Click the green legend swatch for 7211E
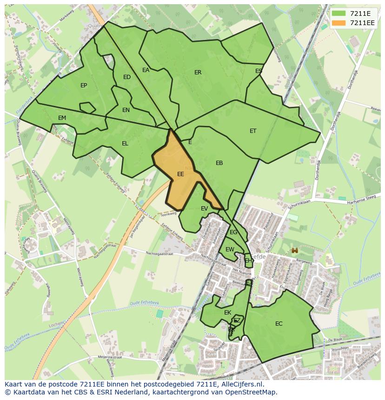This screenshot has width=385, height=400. [339, 13]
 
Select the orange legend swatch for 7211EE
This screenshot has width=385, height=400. [339, 23]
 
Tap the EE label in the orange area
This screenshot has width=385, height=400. [180, 174]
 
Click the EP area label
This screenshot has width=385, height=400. [84, 85]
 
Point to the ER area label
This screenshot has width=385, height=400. [198, 72]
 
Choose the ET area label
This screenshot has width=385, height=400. [253, 131]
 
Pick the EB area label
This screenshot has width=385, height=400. [219, 163]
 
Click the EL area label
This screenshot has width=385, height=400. [125, 144]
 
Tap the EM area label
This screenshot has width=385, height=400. [62, 118]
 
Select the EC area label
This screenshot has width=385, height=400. [279, 324]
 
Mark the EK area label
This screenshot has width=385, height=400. [228, 313]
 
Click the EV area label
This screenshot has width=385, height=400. [205, 209]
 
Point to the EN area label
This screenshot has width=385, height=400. [126, 110]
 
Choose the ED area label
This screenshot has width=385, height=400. [127, 77]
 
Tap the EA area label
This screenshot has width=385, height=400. [146, 70]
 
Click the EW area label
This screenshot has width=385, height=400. [230, 249]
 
